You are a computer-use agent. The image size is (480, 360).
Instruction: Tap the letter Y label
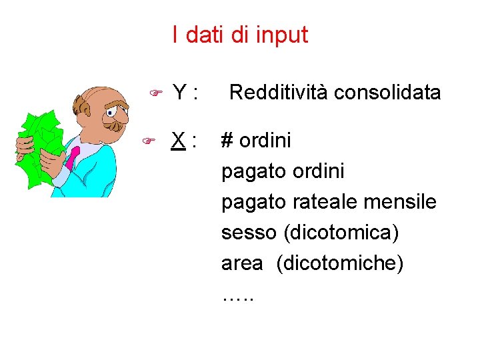178,93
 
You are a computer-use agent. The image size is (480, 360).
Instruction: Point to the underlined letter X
177,141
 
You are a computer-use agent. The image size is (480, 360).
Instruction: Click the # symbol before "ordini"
227,141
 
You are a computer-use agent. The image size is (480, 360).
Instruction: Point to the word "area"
242,263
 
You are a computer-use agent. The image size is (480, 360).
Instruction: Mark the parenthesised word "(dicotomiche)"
340,263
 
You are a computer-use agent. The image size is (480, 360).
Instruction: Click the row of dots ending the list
237,295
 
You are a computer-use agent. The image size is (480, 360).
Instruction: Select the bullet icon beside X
150,141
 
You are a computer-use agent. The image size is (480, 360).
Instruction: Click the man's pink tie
73,157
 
